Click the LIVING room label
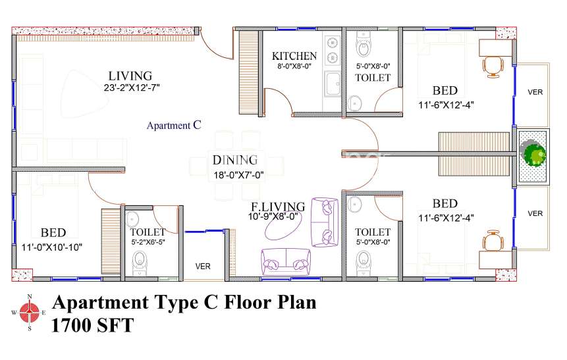point(130,76)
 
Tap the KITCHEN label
point(294,56)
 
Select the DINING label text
point(234,159)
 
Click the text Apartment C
point(173,125)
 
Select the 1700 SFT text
point(93,325)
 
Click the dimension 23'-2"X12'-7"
point(132,88)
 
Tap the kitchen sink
point(333,84)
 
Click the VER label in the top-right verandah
point(535,91)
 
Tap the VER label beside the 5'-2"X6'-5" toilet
point(202,266)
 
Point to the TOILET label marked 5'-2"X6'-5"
point(148,232)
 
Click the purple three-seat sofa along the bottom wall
point(286,261)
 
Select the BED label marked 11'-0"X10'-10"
point(53,232)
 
